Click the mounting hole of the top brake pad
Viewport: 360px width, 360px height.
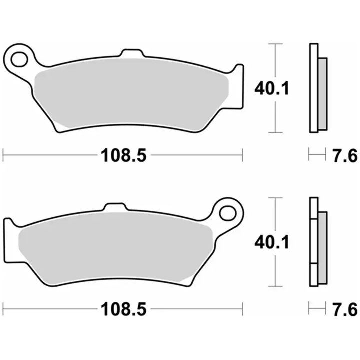pos(19,59)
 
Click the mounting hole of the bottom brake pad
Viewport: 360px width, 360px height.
pos(228,213)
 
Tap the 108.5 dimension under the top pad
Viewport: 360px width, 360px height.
pos(124,155)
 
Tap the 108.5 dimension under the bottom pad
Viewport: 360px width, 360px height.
pos(124,309)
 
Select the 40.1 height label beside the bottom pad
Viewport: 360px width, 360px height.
pos(272,242)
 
